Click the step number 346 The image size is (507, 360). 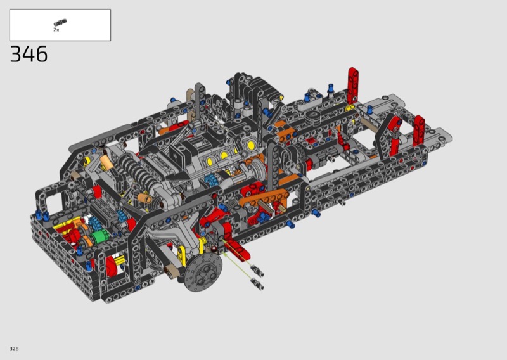pos(29,54)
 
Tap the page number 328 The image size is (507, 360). pos(14,349)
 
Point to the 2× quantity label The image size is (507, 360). pos(56,30)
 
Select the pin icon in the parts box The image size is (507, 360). pos(60,22)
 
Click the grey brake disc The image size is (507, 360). pos(203,271)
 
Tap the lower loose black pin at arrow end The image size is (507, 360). pos(257,284)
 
